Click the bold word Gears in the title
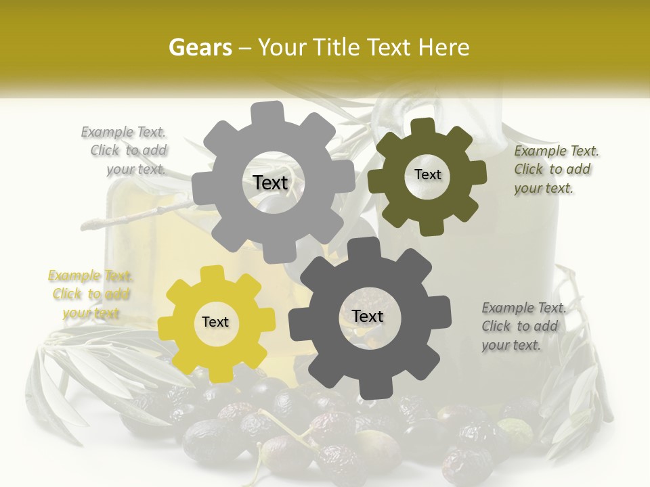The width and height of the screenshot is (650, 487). click(x=200, y=47)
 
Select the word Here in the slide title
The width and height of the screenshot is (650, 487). click(x=444, y=47)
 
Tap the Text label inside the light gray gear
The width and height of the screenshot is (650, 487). click(x=270, y=183)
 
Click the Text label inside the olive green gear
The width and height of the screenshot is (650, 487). click(x=427, y=175)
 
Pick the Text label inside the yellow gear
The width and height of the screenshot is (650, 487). click(x=215, y=322)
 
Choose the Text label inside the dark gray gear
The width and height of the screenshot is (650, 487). click(x=368, y=316)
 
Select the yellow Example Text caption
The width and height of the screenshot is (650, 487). click(x=91, y=294)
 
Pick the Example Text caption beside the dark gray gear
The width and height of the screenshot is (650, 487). click(x=523, y=326)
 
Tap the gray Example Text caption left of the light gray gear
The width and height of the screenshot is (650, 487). click(x=126, y=150)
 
